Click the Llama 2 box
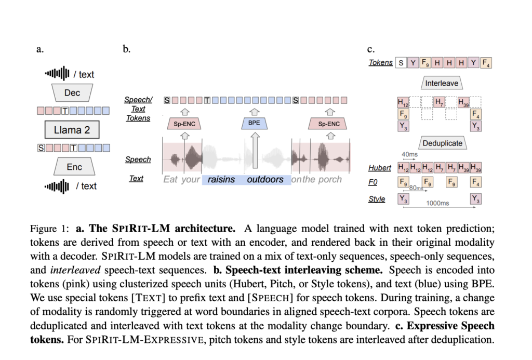(72, 130)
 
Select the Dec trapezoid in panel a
(72, 93)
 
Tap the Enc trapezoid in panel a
(74, 167)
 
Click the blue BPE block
(254, 123)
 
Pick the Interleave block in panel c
(442, 83)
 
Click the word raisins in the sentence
(221, 180)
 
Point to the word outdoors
(265, 180)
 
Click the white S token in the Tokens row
(401, 63)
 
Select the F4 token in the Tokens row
(486, 63)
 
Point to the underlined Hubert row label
(380, 167)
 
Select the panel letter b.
(126, 49)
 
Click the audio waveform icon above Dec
(57, 74)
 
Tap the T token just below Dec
(65, 111)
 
